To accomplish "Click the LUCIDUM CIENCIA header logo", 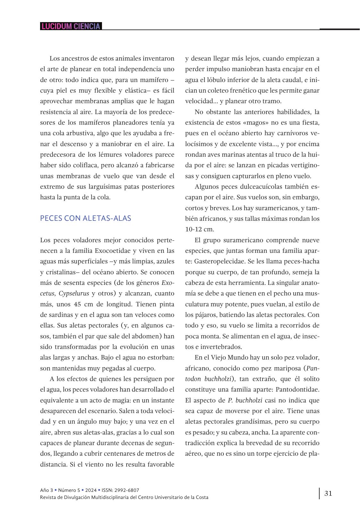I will pos(71,26).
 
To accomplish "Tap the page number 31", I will pos(328,493).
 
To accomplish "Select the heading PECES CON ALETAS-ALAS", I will pos(86,218).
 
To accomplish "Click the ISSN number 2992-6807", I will pos(127,490).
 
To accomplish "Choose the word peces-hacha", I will pos(302,261).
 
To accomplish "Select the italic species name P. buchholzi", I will pos(245,400).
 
